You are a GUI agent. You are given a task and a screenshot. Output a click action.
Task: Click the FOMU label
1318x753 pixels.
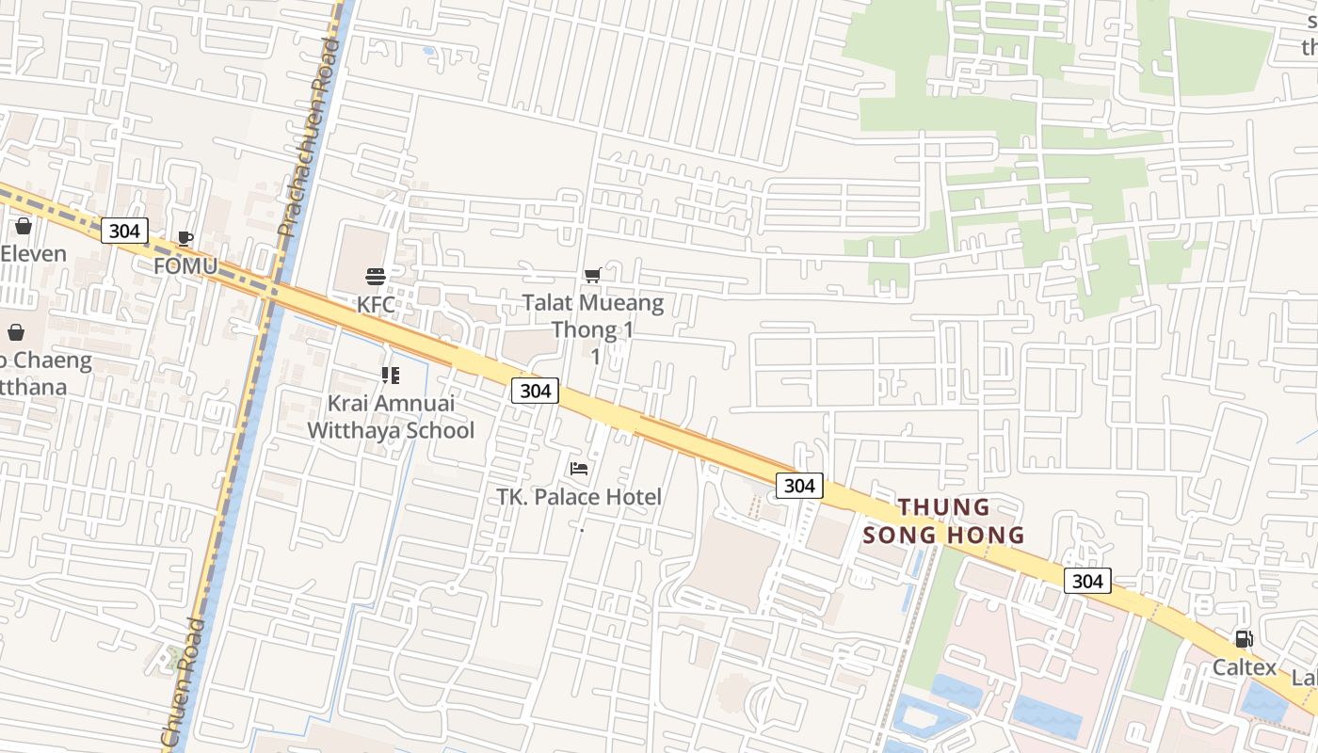pos(185,266)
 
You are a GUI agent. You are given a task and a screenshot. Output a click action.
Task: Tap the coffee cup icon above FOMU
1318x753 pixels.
pos(185,237)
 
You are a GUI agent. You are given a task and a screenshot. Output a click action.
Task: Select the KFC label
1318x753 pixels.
pos(376,304)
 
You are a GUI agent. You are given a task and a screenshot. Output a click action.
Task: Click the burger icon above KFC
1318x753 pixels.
pos(376,276)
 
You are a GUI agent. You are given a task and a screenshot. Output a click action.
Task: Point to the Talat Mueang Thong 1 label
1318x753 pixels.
pos(593,316)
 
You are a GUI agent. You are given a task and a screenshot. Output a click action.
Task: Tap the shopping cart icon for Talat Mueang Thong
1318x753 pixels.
pos(592,275)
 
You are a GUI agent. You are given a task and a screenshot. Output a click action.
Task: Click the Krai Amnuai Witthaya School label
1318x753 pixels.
pos(391,417)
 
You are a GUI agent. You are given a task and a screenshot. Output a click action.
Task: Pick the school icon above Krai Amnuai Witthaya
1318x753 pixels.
pos(391,376)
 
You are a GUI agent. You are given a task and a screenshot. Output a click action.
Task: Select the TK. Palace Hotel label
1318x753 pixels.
pos(579,496)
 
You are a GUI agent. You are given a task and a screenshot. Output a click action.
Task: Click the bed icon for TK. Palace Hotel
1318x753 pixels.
pos(579,468)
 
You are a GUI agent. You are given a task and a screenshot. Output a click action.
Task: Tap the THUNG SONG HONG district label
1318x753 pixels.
pos(944,521)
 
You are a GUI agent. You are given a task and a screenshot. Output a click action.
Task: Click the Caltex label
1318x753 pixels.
pos(1244,667)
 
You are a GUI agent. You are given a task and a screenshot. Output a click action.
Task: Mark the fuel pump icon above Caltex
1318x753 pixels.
pos(1244,639)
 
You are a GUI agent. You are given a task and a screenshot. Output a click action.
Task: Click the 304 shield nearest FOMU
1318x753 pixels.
pos(124,231)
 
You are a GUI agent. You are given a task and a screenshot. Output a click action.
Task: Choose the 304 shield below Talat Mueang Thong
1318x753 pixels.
pos(535,390)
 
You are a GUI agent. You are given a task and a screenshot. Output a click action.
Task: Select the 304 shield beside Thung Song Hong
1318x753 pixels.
pos(799,485)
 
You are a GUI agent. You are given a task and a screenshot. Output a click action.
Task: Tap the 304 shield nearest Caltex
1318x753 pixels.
pos(1087,581)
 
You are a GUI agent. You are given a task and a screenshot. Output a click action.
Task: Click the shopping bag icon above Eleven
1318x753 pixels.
pos(24,226)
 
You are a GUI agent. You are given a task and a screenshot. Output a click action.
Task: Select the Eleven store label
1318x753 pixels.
pos(33,253)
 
